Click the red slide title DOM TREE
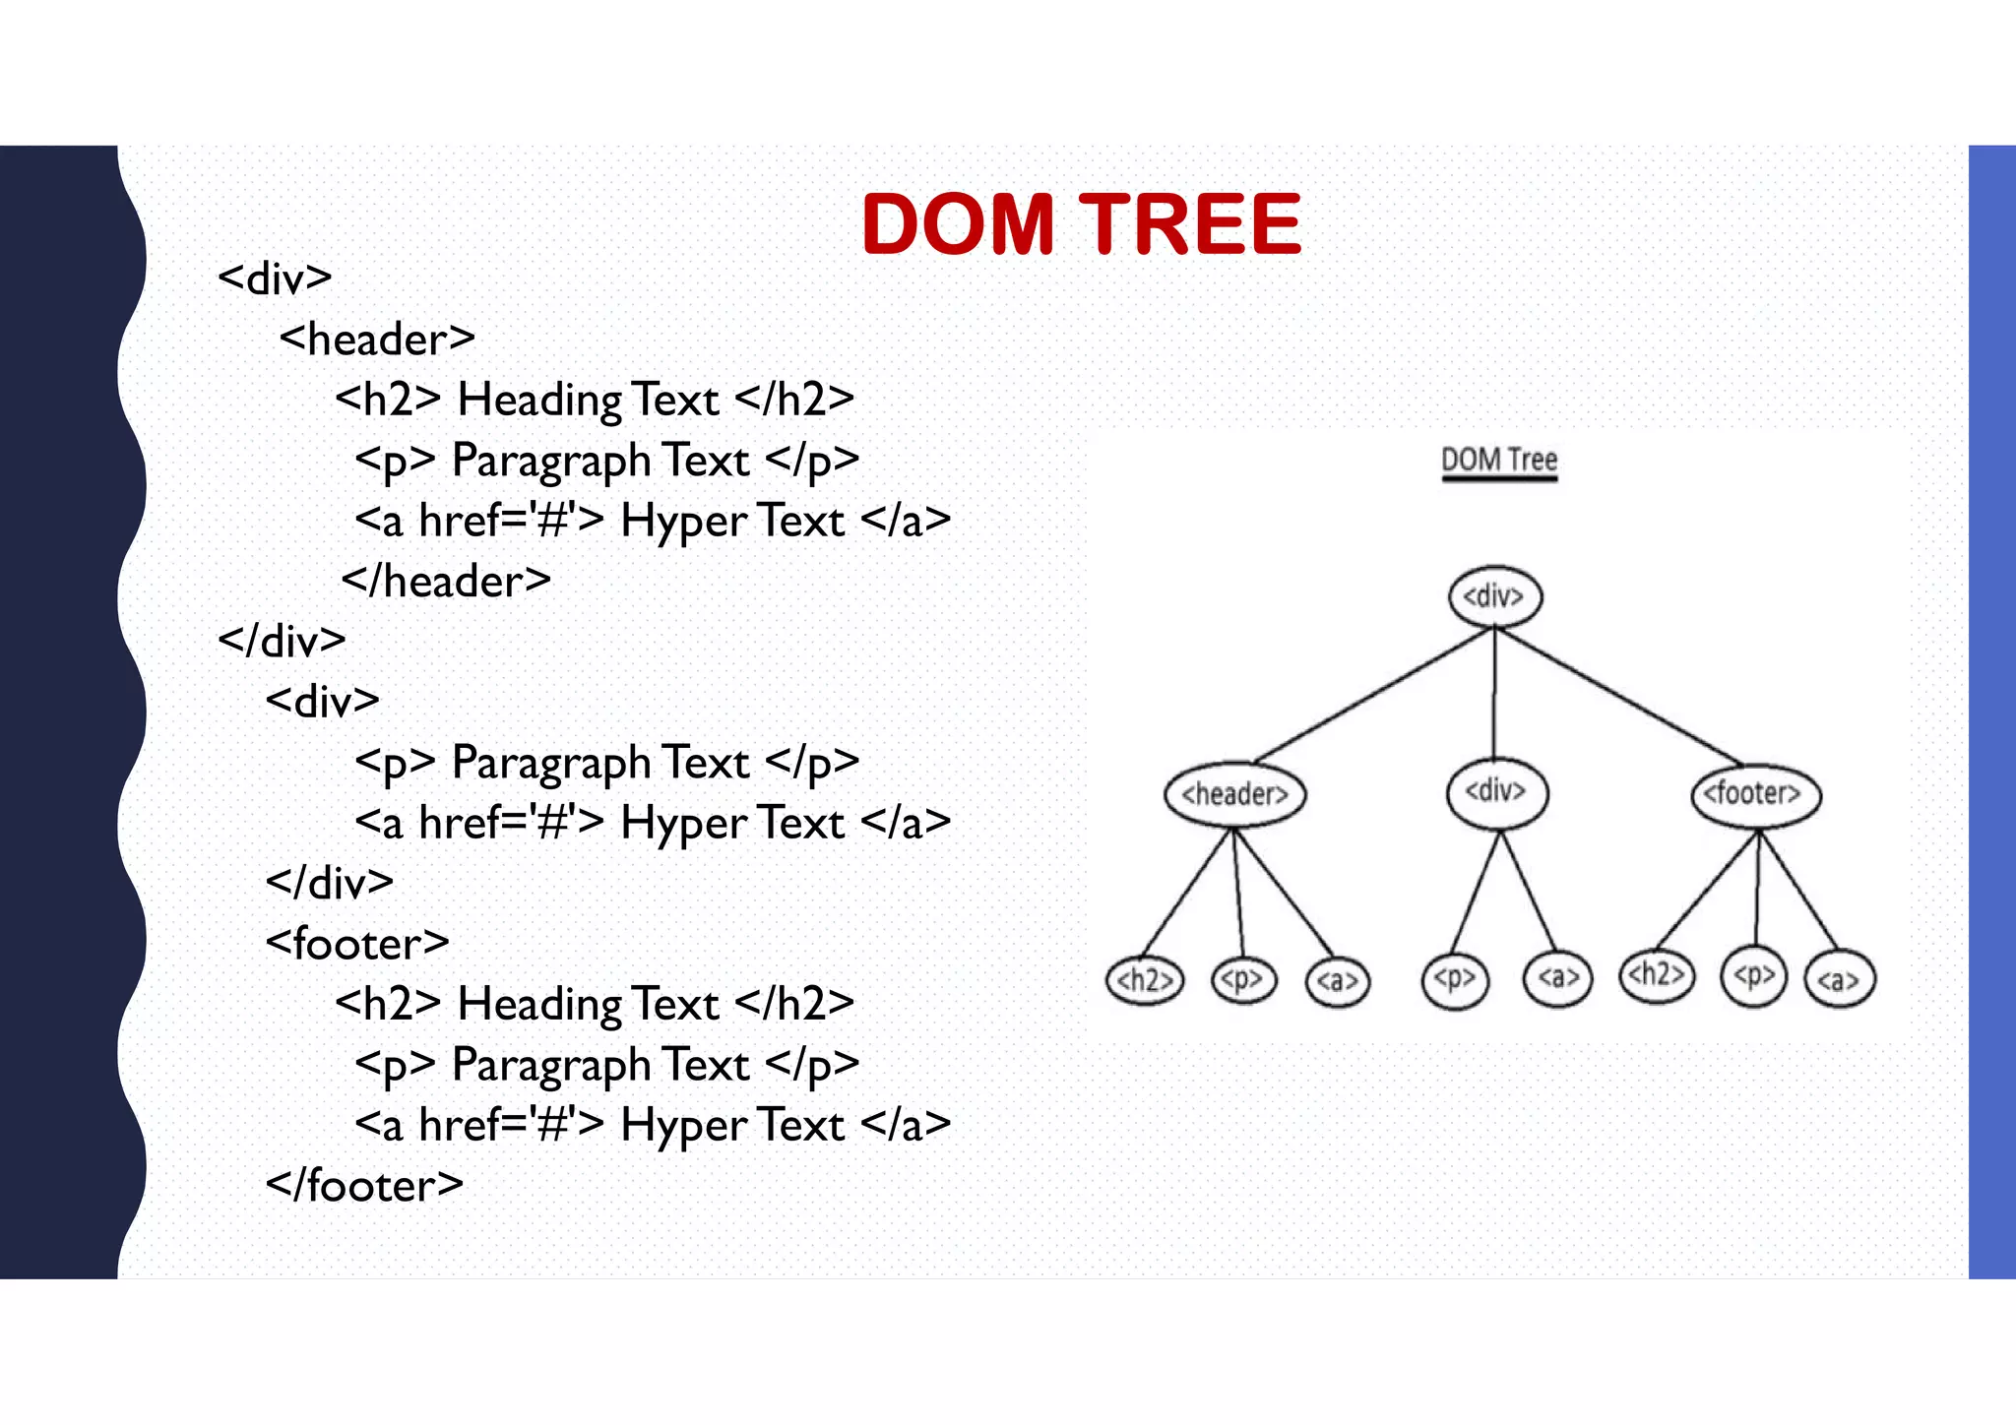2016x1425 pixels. point(1081,224)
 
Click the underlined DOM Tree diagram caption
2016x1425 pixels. point(1499,461)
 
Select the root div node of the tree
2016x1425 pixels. point(1494,596)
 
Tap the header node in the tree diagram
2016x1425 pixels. point(1234,794)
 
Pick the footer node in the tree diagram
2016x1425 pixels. point(1755,794)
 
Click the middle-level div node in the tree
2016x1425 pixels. point(1496,792)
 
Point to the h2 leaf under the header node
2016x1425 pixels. point(1144,980)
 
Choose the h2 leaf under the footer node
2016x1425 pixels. point(1657,975)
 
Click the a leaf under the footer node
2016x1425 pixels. point(1839,980)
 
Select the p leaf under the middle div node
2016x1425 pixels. point(1455,979)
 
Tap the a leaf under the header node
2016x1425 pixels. point(1337,981)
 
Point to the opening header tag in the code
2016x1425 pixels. point(377,340)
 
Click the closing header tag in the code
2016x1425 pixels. point(446,582)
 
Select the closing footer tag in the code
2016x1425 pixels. point(364,1186)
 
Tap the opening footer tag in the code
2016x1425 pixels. point(357,944)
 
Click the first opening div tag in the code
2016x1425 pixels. point(275,279)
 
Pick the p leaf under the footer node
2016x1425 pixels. point(1753,977)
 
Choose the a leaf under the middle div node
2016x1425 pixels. point(1557,979)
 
